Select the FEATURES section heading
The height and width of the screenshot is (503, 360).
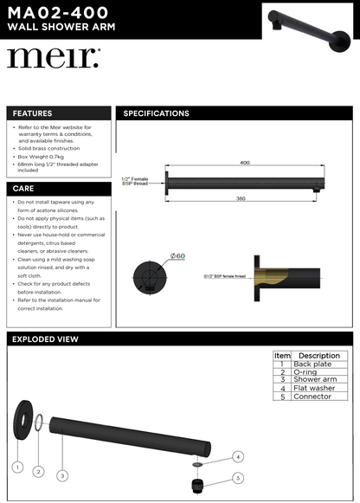tap(32, 113)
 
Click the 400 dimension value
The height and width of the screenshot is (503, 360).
tap(245, 162)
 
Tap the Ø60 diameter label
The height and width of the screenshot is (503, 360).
tap(178, 256)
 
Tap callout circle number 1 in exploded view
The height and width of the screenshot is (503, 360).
tap(16, 467)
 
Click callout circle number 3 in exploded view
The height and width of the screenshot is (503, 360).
tap(62, 475)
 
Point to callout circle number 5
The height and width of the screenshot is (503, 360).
tap(238, 477)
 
